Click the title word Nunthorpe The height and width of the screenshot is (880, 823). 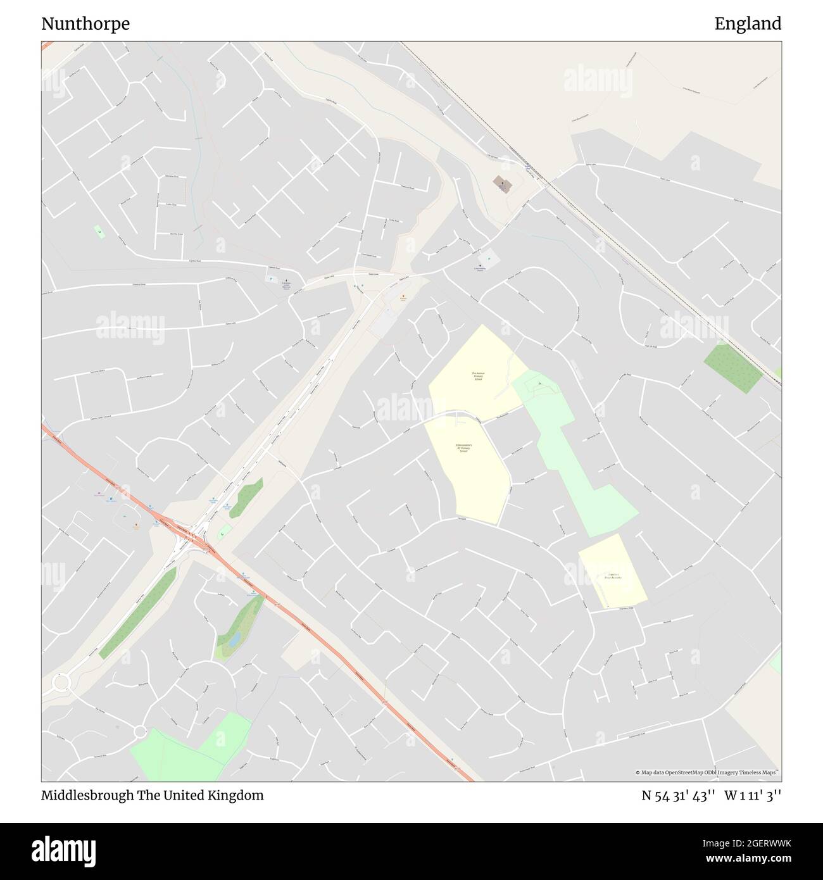(85, 24)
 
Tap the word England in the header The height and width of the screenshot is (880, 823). (748, 24)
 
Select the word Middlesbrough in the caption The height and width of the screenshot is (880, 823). (87, 795)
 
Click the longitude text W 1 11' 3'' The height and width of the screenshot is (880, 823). (753, 795)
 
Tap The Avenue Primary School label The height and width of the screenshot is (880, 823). (478, 376)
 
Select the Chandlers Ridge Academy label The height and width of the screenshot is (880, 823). (613, 576)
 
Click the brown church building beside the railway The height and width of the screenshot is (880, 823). (503, 184)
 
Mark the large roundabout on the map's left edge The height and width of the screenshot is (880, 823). (61, 683)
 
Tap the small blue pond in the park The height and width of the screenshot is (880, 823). (234, 640)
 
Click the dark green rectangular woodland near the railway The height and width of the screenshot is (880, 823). (733, 368)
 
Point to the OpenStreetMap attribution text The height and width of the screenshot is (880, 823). (708, 772)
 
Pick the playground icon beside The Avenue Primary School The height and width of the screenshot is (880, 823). (539, 384)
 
